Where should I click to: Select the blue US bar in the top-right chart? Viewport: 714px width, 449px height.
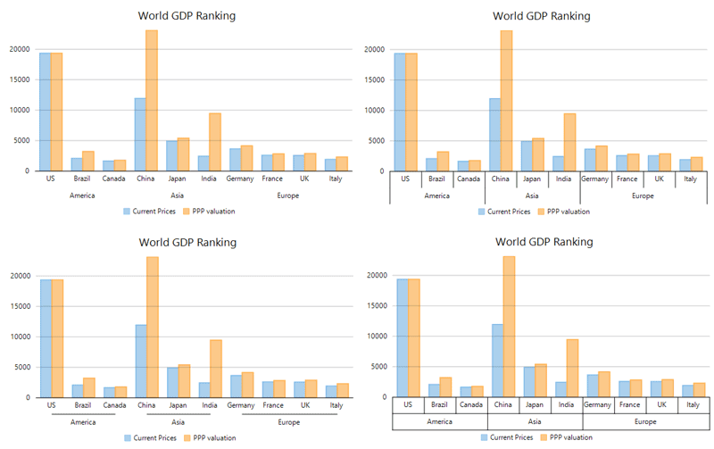[400, 112]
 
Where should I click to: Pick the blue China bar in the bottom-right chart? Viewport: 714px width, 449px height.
[498, 360]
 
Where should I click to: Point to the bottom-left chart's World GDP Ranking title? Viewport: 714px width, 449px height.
[187, 242]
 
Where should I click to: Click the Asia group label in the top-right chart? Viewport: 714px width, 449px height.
[532, 195]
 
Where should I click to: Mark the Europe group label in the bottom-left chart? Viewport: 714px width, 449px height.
[288, 422]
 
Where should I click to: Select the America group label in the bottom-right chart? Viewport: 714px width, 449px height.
[440, 420]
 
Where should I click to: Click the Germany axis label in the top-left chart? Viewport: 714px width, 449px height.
[241, 179]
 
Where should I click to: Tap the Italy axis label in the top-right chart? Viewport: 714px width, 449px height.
[691, 179]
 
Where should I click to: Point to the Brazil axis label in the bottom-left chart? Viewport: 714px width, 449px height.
[83, 405]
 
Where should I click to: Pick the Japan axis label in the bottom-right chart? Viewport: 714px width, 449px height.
[535, 404]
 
